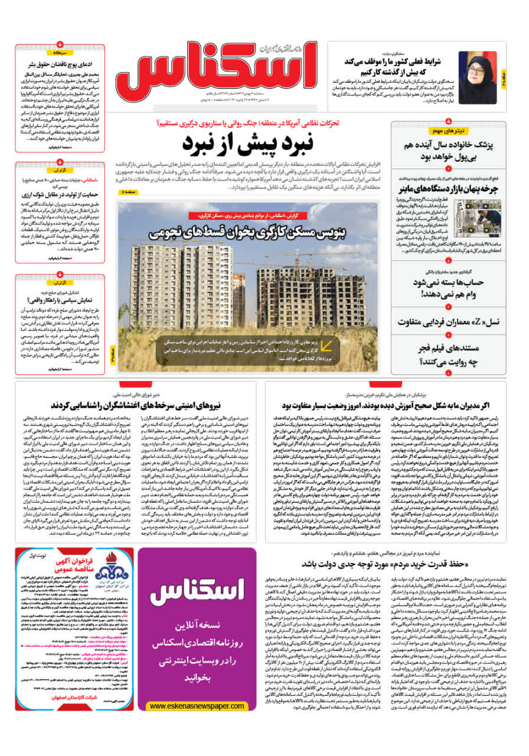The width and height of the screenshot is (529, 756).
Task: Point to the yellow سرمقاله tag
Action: tap(60, 53)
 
